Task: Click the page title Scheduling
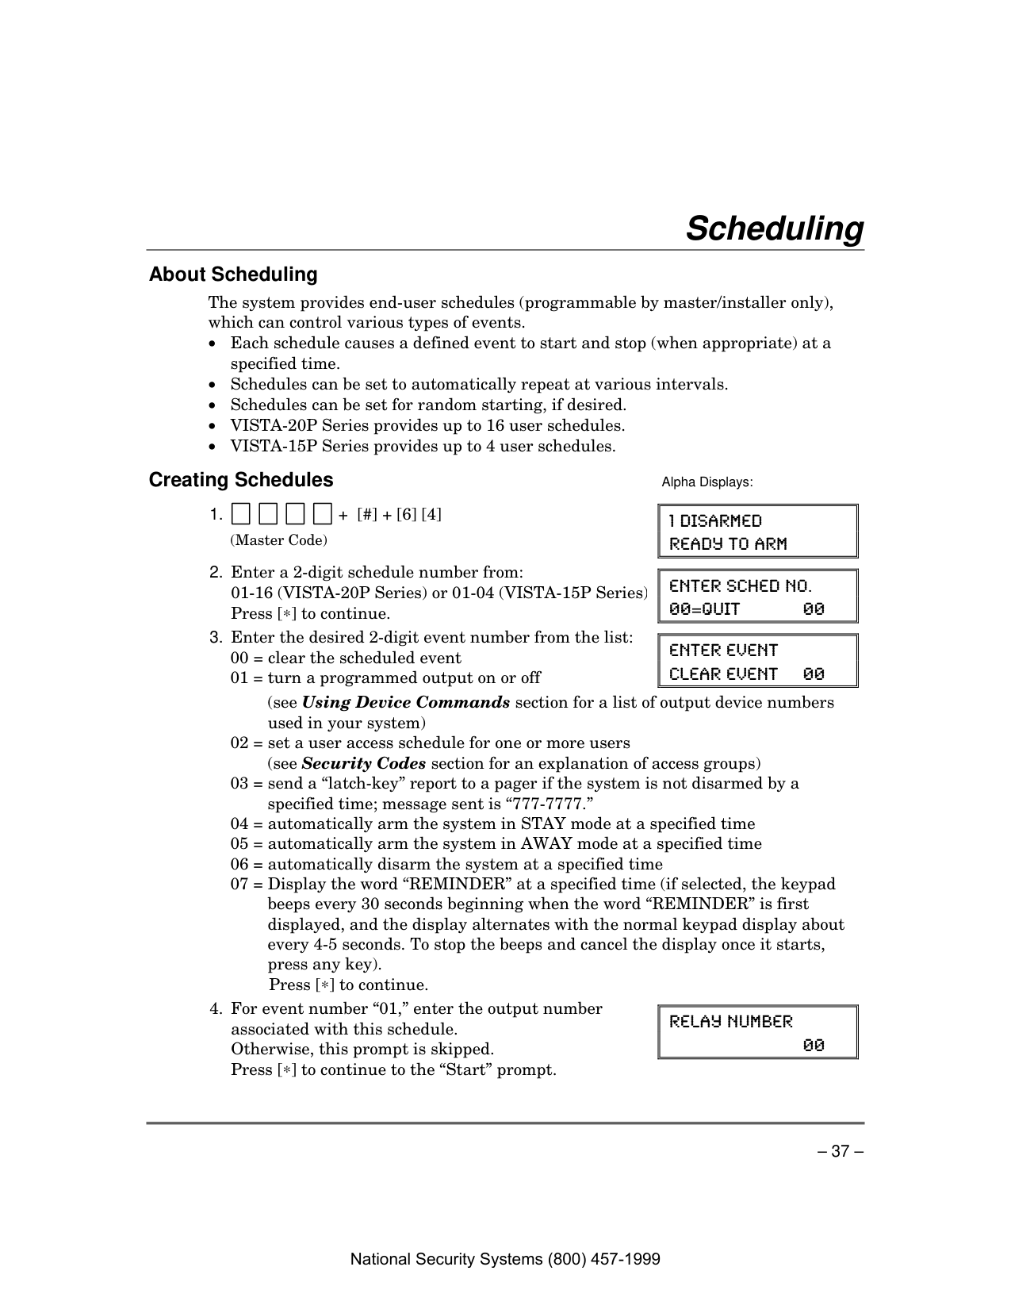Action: point(774,228)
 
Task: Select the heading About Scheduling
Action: point(233,274)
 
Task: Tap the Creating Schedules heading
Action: point(241,480)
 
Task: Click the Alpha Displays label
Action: point(707,482)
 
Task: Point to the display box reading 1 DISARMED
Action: point(757,532)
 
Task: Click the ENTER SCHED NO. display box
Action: point(757,597)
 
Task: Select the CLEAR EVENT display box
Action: point(757,661)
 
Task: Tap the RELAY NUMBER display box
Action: point(757,1032)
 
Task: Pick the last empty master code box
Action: point(322,515)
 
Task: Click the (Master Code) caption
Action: point(278,540)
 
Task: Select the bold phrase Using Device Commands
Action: point(406,703)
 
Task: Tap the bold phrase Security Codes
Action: point(364,763)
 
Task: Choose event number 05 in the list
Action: point(239,844)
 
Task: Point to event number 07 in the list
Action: point(239,885)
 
